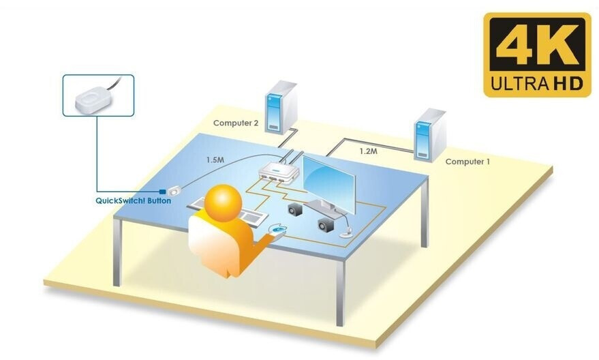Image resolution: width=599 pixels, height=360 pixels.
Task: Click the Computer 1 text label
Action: point(467,162)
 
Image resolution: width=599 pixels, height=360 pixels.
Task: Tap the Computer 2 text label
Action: point(236,123)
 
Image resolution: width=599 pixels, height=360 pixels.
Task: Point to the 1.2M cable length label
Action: point(368,151)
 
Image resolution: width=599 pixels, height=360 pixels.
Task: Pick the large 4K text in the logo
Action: point(537,47)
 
